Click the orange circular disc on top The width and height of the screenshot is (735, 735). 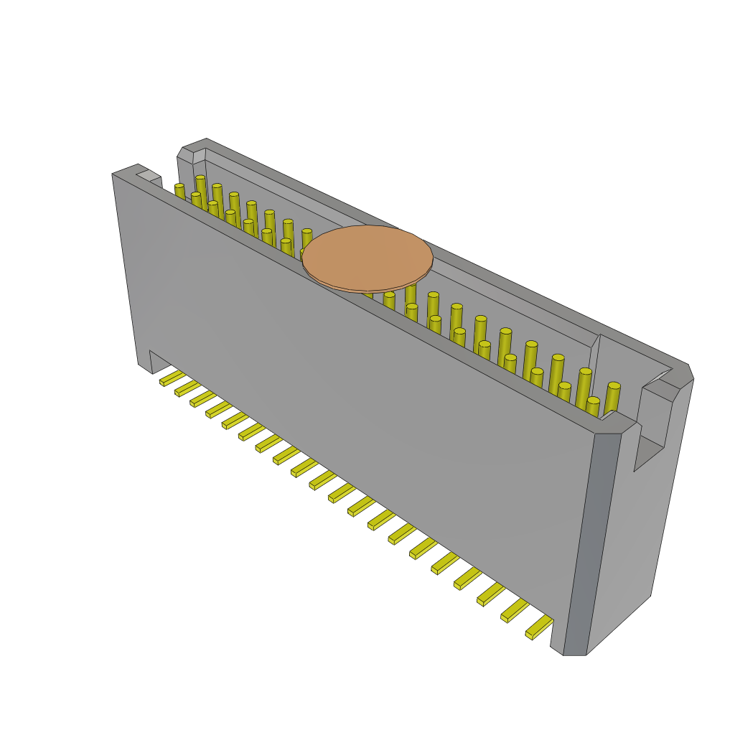click(x=367, y=258)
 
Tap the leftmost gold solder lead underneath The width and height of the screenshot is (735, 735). click(x=172, y=378)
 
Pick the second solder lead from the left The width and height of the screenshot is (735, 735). click(x=187, y=388)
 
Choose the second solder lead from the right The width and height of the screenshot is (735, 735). click(x=515, y=610)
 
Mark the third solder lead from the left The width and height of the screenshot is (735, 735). click(x=202, y=399)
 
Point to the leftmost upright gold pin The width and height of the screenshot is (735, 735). click(x=179, y=192)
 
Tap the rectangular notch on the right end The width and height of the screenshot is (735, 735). click(x=650, y=449)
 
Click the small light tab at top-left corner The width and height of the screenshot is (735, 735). click(x=149, y=175)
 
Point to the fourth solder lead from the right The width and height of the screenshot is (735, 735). click(x=467, y=578)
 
